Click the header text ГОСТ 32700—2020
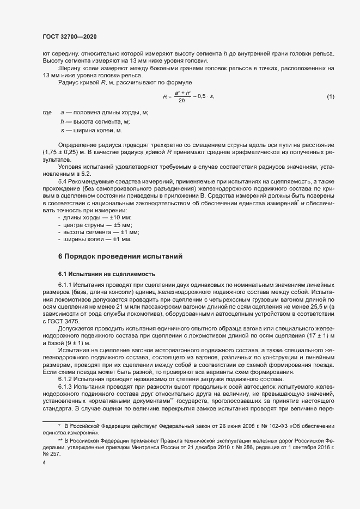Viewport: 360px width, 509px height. tap(70, 36)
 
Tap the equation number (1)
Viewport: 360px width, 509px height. tap(330, 96)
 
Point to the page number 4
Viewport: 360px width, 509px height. tap(44, 463)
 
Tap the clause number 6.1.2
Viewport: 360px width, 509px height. tap(65, 379)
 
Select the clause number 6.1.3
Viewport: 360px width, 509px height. tap(65, 386)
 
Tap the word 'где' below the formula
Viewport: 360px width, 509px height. tap(47, 112)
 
